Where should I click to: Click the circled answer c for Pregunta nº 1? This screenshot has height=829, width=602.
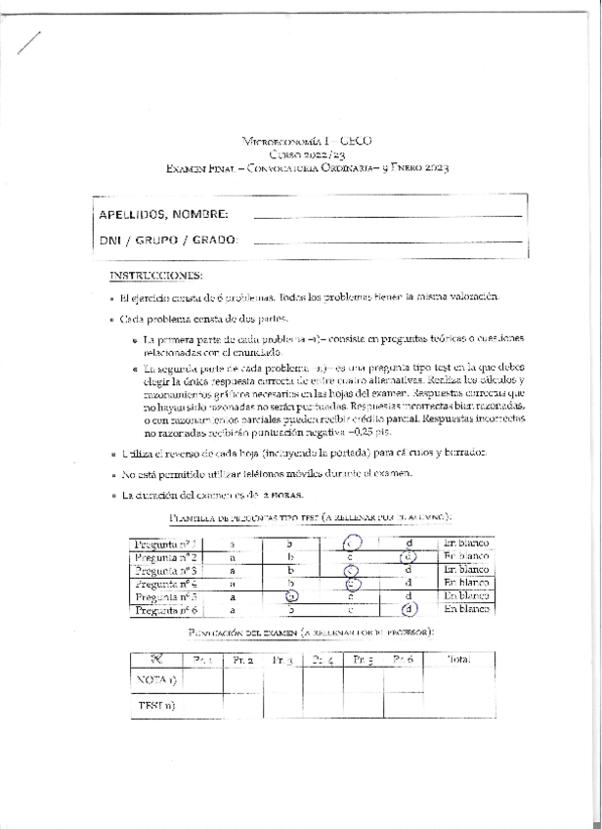pyautogui.click(x=352, y=543)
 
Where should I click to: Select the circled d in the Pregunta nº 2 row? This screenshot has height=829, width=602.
pyautogui.click(x=408, y=556)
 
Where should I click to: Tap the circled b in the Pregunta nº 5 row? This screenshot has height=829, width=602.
pyautogui.click(x=290, y=595)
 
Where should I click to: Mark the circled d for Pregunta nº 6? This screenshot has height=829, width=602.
pyautogui.click(x=408, y=609)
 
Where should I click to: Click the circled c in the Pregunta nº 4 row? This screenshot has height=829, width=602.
pyautogui.click(x=353, y=583)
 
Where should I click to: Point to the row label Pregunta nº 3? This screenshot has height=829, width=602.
pyautogui.click(x=166, y=569)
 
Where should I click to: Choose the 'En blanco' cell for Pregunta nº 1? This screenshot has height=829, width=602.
pyautogui.click(x=465, y=543)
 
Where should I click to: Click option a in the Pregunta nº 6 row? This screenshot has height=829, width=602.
pyautogui.click(x=233, y=609)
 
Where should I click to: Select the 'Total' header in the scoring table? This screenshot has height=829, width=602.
pyautogui.click(x=458, y=660)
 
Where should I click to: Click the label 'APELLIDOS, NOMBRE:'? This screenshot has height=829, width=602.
pyautogui.click(x=164, y=214)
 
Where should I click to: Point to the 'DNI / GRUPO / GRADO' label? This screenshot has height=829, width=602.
pyautogui.click(x=167, y=241)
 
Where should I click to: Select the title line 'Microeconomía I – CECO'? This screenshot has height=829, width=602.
pyautogui.click(x=307, y=142)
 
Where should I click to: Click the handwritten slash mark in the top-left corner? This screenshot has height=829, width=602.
pyautogui.click(x=29, y=40)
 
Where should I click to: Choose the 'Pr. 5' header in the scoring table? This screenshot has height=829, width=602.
pyautogui.click(x=365, y=661)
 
